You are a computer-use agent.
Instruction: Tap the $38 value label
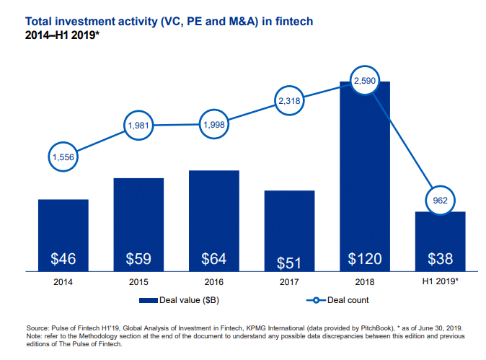440,258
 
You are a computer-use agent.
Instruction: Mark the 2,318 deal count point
289,102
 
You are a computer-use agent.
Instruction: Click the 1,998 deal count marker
214,125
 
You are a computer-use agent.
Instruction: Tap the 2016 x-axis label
214,281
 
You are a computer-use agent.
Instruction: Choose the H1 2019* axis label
440,281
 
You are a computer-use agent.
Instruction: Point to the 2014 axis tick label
63,281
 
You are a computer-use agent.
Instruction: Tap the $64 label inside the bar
214,258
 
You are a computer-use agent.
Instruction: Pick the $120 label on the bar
365,258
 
